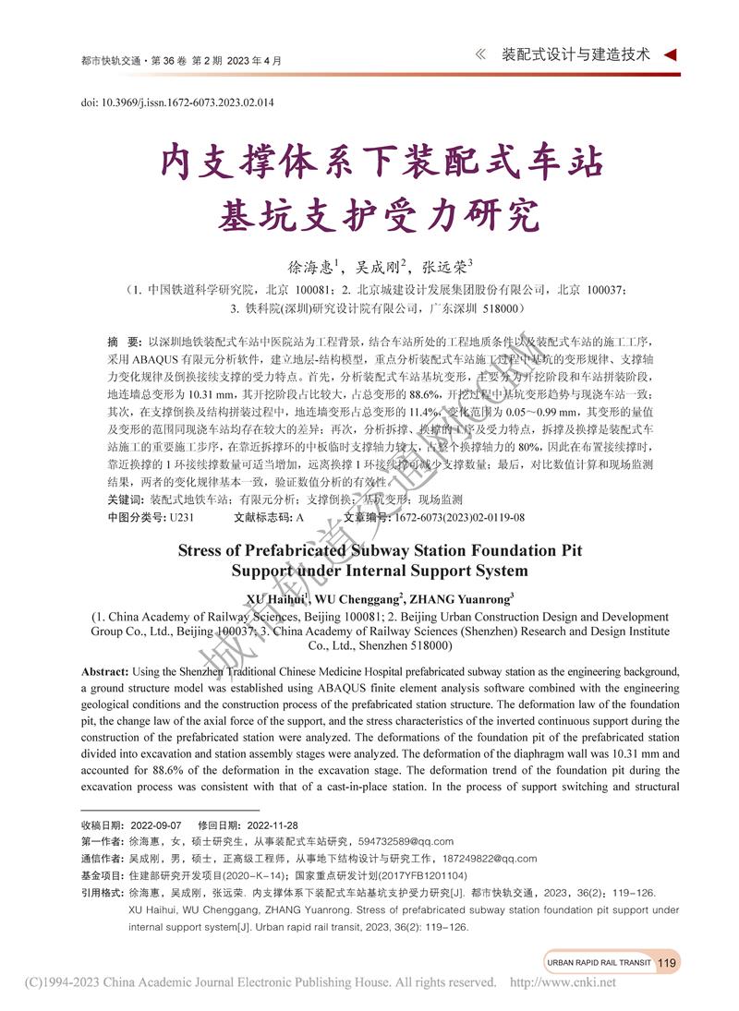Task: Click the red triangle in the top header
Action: tap(671, 54)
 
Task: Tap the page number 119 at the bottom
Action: tap(668, 963)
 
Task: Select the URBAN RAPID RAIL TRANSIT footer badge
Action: tap(599, 963)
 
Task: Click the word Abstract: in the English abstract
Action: tap(105, 671)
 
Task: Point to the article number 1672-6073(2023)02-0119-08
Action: tap(458, 517)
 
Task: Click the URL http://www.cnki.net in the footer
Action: tap(563, 982)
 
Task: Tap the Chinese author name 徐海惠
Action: tap(309, 268)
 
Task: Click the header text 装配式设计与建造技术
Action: tap(575, 54)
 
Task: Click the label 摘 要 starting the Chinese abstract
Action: tap(125, 341)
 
